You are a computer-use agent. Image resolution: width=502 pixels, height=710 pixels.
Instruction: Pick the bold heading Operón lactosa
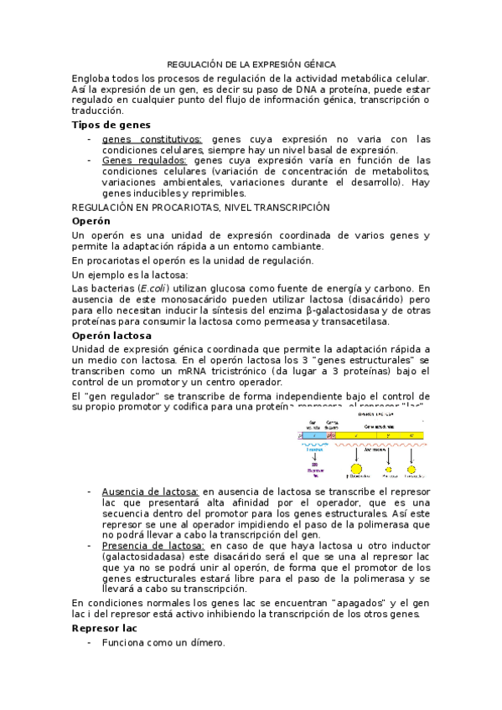111,335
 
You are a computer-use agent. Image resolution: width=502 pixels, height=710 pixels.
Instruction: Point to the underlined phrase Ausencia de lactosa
150,491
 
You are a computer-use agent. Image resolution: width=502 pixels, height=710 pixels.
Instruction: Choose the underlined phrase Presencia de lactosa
152,545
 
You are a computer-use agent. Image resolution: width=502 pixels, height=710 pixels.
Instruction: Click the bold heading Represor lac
105,627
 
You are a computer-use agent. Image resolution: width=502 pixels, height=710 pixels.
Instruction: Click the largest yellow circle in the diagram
357,472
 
